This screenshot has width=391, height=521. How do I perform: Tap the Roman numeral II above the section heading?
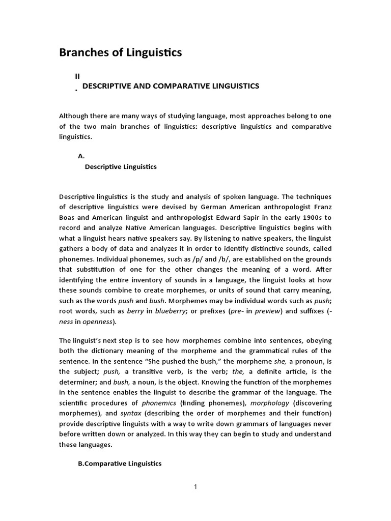pos(77,75)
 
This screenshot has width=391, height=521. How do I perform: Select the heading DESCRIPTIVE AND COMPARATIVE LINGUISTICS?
pos(171,86)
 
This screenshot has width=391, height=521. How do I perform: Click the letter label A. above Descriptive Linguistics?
pos(81,157)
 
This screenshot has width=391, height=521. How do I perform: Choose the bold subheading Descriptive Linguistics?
pos(121,166)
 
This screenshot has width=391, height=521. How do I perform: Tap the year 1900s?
pos(310,218)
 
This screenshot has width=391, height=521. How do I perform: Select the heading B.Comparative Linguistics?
pos(120,464)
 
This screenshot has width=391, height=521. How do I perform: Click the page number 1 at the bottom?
pos(195,487)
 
